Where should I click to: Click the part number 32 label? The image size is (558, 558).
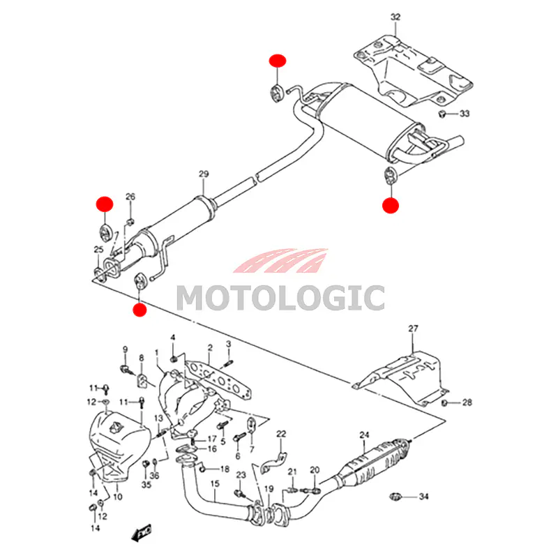[395, 16]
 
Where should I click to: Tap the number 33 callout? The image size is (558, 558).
[465, 114]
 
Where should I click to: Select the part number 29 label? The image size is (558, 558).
[203, 173]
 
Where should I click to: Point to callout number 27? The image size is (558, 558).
[412, 329]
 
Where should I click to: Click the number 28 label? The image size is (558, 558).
[467, 402]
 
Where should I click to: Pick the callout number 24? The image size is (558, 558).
[363, 436]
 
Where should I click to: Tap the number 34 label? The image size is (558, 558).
[423, 497]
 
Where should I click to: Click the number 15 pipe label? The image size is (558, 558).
[215, 483]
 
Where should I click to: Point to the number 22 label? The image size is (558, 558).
[281, 434]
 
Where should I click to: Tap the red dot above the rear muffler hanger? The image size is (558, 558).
[278, 60]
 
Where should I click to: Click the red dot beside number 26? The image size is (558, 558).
[104, 204]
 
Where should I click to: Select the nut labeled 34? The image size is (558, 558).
[394, 497]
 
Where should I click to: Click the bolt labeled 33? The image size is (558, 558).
[442, 113]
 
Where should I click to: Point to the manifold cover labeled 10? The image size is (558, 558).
[119, 443]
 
